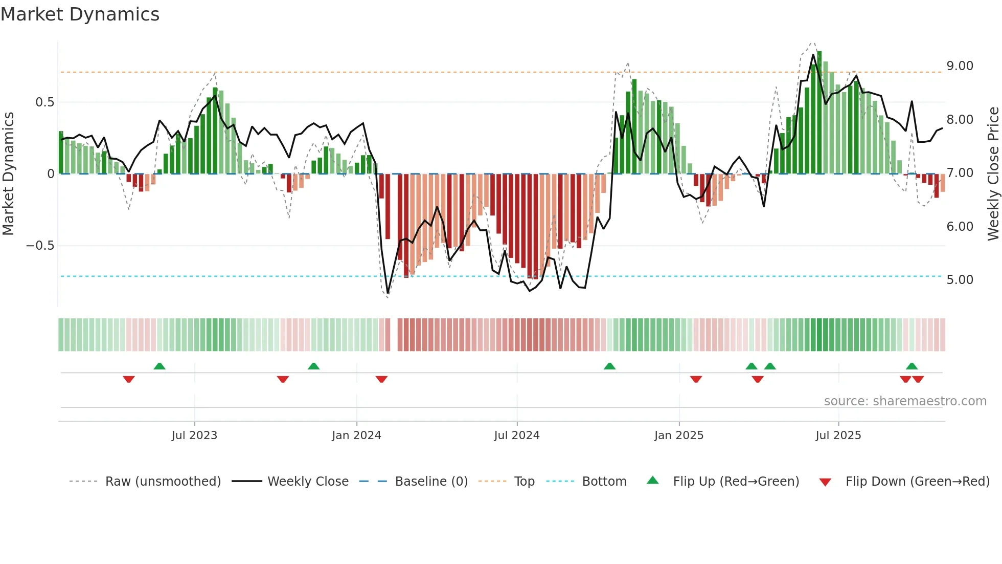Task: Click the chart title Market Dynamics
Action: tap(80, 14)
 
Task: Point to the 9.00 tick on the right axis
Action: tap(960, 66)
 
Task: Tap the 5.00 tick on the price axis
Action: tap(960, 280)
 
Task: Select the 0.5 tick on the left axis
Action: tap(44, 102)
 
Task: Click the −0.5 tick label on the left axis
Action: tap(40, 246)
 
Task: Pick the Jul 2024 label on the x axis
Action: tap(516, 436)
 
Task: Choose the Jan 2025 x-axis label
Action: tap(678, 436)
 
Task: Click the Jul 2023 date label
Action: tap(194, 436)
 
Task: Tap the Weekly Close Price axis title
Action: tap(993, 173)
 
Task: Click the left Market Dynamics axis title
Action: tap(8, 173)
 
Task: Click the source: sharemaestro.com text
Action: tap(905, 401)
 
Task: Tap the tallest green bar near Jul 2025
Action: tap(819, 113)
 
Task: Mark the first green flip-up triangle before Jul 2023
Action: tap(160, 366)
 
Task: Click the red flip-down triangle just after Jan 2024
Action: tap(381, 379)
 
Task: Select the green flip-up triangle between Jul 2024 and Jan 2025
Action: tap(609, 366)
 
